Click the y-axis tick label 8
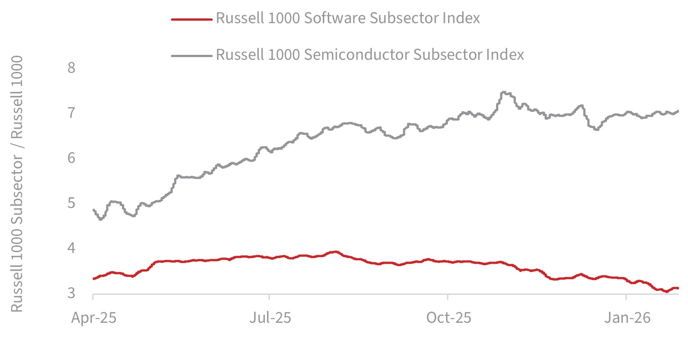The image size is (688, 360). (71, 68)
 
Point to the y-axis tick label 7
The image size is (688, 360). (71, 113)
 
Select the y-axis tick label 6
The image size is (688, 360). (71, 158)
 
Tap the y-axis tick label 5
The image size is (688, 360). (71, 203)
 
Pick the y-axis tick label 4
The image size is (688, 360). (71, 248)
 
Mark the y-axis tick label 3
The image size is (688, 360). (71, 293)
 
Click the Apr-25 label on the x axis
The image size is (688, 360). (94, 318)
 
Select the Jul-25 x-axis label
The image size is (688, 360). (270, 317)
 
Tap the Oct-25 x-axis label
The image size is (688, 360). (449, 317)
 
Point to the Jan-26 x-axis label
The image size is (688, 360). (627, 317)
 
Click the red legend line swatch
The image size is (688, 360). (192, 19)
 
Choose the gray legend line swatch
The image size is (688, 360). (192, 56)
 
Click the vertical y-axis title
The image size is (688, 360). (17, 184)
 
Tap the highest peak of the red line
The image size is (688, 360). (336, 252)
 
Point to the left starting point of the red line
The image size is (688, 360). (94, 279)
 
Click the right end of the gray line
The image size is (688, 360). (678, 111)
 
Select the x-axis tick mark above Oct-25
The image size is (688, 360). (447, 297)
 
